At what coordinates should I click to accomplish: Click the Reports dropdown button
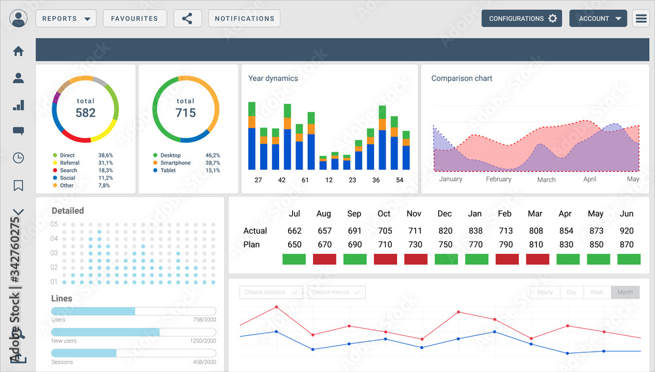point(65,18)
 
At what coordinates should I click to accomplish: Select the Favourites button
point(134,18)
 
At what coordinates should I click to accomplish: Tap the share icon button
point(187,18)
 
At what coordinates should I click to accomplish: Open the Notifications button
point(244,18)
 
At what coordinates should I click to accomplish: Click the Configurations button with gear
point(522,18)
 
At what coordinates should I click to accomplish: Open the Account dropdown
point(598,18)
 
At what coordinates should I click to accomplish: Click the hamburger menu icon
point(641,18)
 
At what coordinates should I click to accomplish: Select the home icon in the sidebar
point(18,51)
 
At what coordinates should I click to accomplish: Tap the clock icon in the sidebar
point(18,157)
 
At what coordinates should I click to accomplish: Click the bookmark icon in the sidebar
point(18,186)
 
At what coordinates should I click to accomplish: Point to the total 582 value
point(85,112)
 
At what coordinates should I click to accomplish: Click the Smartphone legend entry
point(175,163)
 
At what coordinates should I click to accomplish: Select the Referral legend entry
point(69,163)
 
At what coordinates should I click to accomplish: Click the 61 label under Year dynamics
point(305,180)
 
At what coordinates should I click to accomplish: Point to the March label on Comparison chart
point(546,180)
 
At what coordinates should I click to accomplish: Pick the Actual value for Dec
point(445,231)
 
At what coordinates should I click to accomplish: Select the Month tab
point(625,293)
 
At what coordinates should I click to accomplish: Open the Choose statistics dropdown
point(271,293)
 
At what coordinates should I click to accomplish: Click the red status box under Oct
point(385,259)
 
